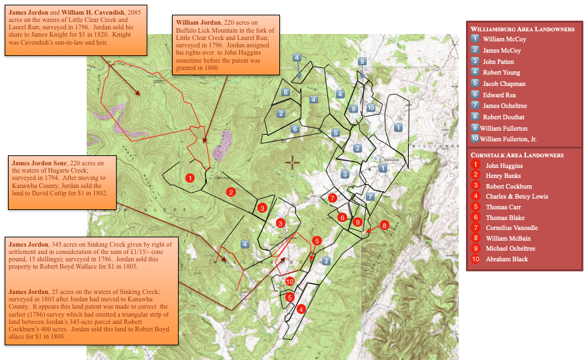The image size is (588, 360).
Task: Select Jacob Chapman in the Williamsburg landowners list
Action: click(x=504, y=84)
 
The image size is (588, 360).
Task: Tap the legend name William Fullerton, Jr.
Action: click(x=508, y=139)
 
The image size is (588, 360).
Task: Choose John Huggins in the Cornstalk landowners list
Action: click(x=504, y=165)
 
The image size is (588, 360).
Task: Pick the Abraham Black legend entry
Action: click(x=507, y=259)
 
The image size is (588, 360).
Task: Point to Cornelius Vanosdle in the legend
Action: click(x=511, y=227)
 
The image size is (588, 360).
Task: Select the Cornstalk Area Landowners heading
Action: click(x=517, y=155)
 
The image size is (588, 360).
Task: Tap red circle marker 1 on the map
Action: click(x=190, y=178)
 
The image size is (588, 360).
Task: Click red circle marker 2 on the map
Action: click(x=231, y=192)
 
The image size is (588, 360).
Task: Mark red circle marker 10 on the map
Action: click(x=289, y=281)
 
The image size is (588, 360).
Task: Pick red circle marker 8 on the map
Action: click(x=384, y=225)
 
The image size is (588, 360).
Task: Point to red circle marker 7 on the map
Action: click(x=332, y=198)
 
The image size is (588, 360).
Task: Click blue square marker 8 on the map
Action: click(x=285, y=92)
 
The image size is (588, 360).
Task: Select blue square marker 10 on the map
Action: click(x=371, y=108)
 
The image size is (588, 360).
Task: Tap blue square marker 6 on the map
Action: click(x=295, y=129)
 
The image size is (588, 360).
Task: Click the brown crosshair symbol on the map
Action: click(x=293, y=162)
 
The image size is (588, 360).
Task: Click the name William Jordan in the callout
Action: click(x=197, y=21)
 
